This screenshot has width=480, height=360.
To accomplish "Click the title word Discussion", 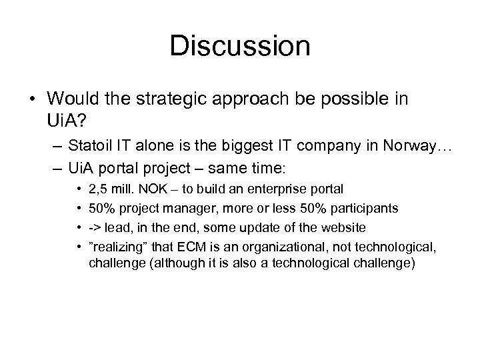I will click(240, 46).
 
